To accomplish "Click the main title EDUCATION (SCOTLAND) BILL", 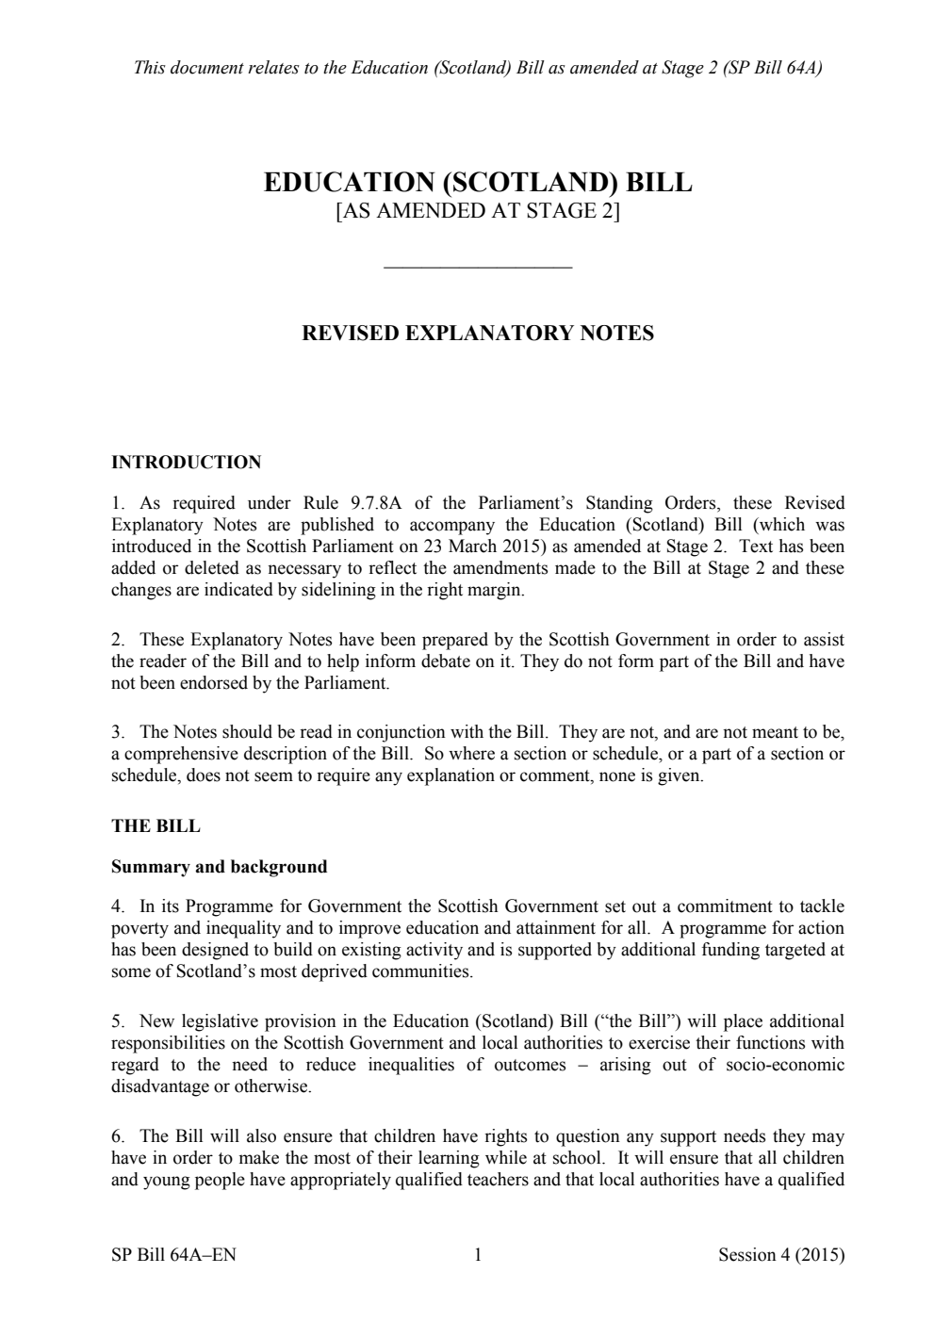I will coord(478,182).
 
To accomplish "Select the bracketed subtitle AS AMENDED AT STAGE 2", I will coord(478,211).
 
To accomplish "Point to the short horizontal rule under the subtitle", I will coord(478,269).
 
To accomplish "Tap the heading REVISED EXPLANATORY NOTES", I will coord(477,333).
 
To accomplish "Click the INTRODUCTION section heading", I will coord(186,462).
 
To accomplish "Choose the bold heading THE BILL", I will coord(156,825).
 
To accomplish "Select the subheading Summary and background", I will coord(219,866).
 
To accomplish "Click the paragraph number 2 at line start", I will coord(117,640).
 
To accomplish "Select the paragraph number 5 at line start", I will coord(117,1021).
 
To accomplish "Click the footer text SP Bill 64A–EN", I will coord(173,1254).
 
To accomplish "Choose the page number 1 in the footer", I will coord(478,1254).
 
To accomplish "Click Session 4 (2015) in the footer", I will coord(780,1254).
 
